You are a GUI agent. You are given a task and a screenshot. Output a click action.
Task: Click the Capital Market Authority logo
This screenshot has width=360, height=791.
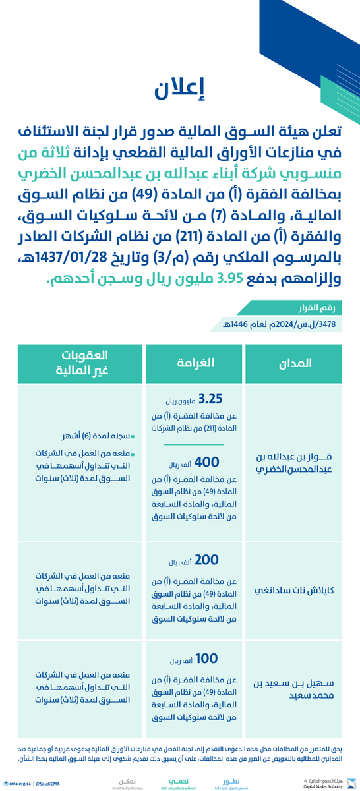pos(326,782)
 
